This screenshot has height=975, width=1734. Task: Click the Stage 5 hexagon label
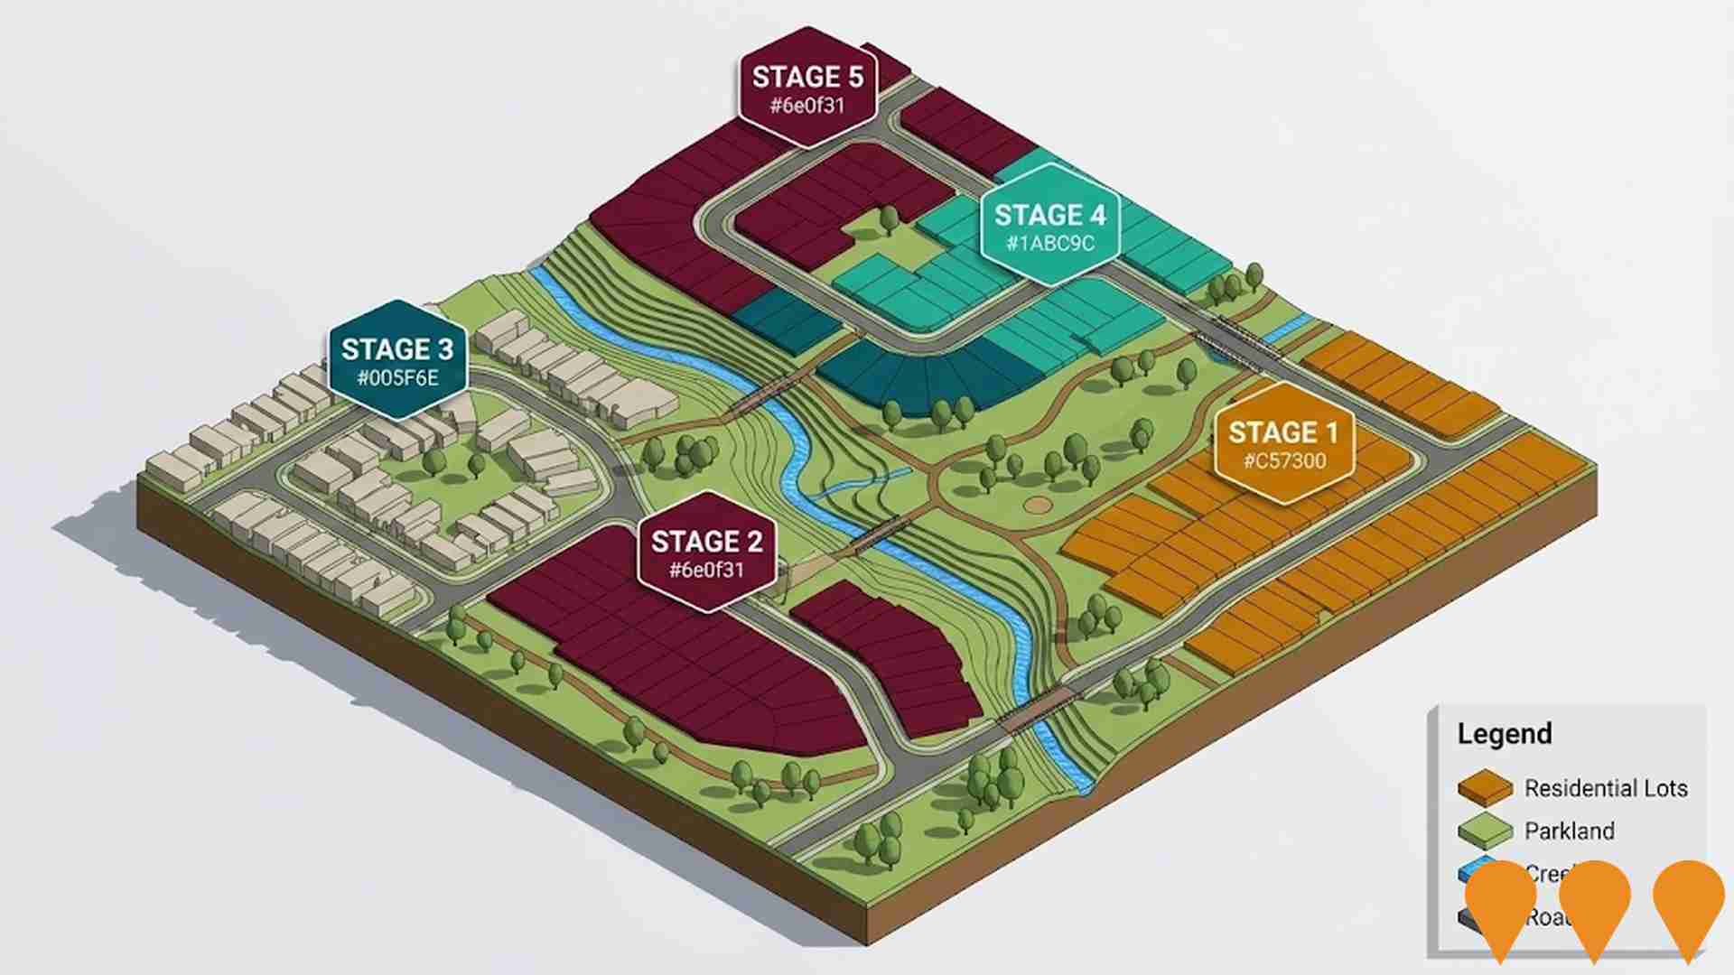click(807, 88)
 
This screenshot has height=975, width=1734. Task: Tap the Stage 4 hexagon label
click(1049, 226)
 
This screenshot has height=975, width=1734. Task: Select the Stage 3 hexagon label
click(397, 359)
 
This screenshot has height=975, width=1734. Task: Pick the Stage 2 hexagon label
click(706, 552)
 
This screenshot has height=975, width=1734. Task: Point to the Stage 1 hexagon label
click(1283, 443)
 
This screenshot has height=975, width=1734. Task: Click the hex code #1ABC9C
click(1049, 244)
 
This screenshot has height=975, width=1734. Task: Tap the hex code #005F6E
click(397, 378)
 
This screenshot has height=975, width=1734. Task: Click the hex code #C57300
click(1284, 461)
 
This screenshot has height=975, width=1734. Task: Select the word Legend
click(1504, 734)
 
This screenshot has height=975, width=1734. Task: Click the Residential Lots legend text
click(1605, 788)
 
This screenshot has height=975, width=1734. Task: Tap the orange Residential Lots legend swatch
click(1485, 788)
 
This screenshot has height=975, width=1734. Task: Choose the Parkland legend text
click(1569, 831)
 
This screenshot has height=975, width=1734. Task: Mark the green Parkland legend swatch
click(1485, 831)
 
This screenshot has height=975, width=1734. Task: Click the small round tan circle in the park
click(1039, 505)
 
